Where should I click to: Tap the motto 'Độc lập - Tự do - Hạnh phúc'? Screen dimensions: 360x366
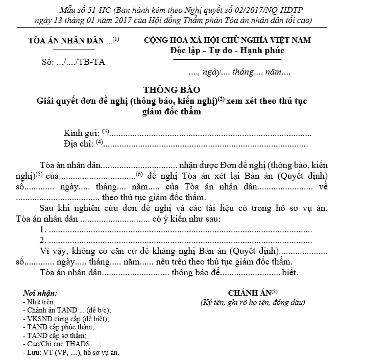227,51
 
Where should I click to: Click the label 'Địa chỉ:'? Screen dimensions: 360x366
79,144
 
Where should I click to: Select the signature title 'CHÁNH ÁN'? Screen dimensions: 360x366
250,293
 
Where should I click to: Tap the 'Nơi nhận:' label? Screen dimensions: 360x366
40,293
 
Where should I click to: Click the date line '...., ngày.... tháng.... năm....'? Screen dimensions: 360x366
239,73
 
